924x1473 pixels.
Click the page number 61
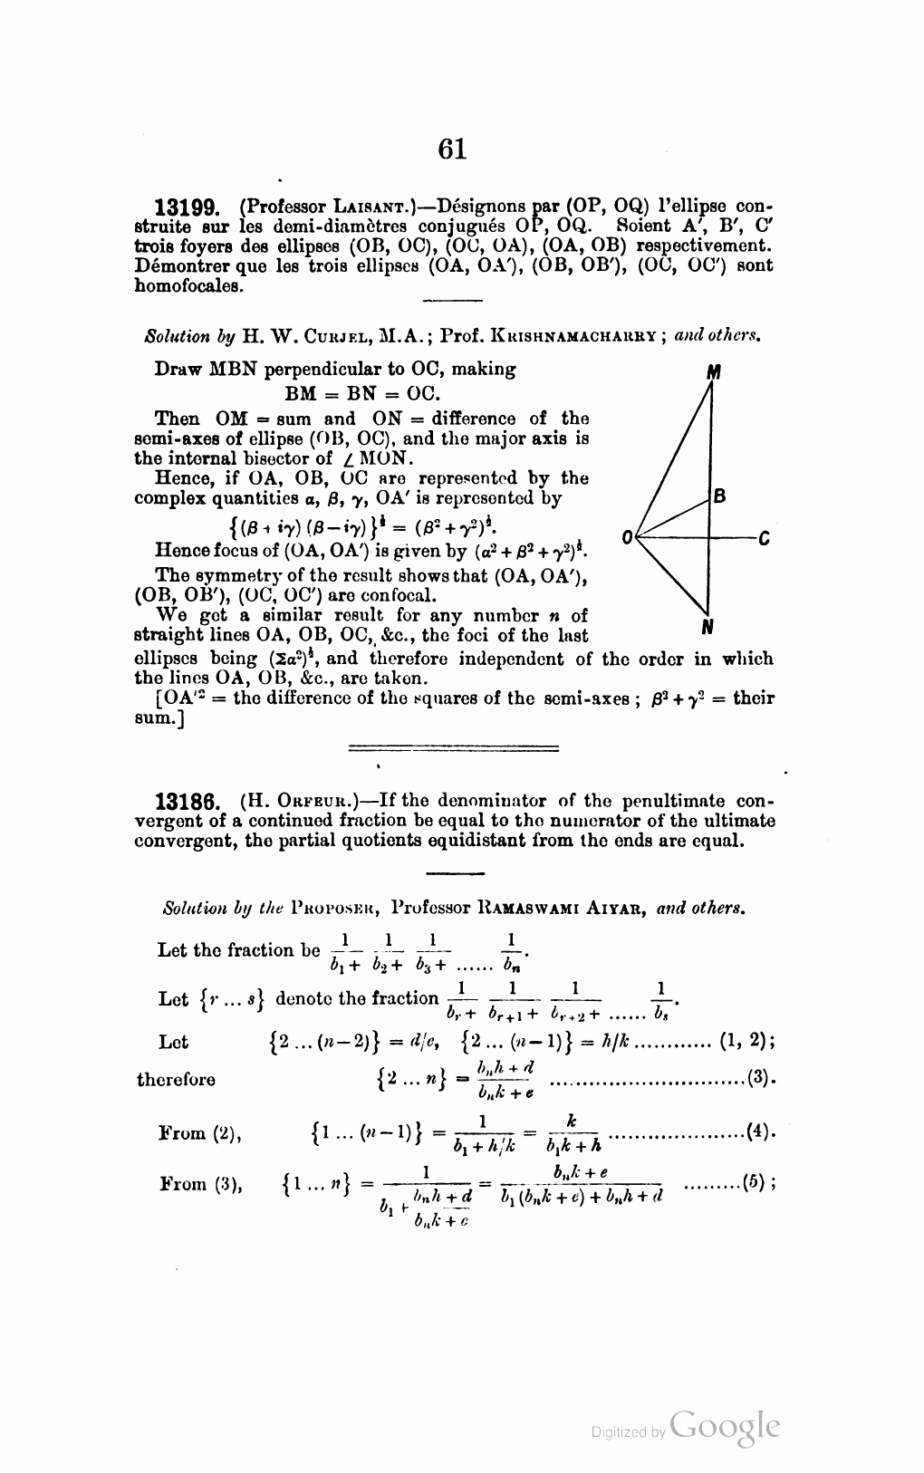click(x=451, y=147)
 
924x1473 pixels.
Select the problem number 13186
click(x=188, y=803)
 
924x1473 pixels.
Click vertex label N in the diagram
click(x=707, y=626)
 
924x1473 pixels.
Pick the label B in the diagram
click(x=720, y=496)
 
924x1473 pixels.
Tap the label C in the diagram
click(x=764, y=538)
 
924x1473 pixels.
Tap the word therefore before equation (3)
click(x=176, y=1080)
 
